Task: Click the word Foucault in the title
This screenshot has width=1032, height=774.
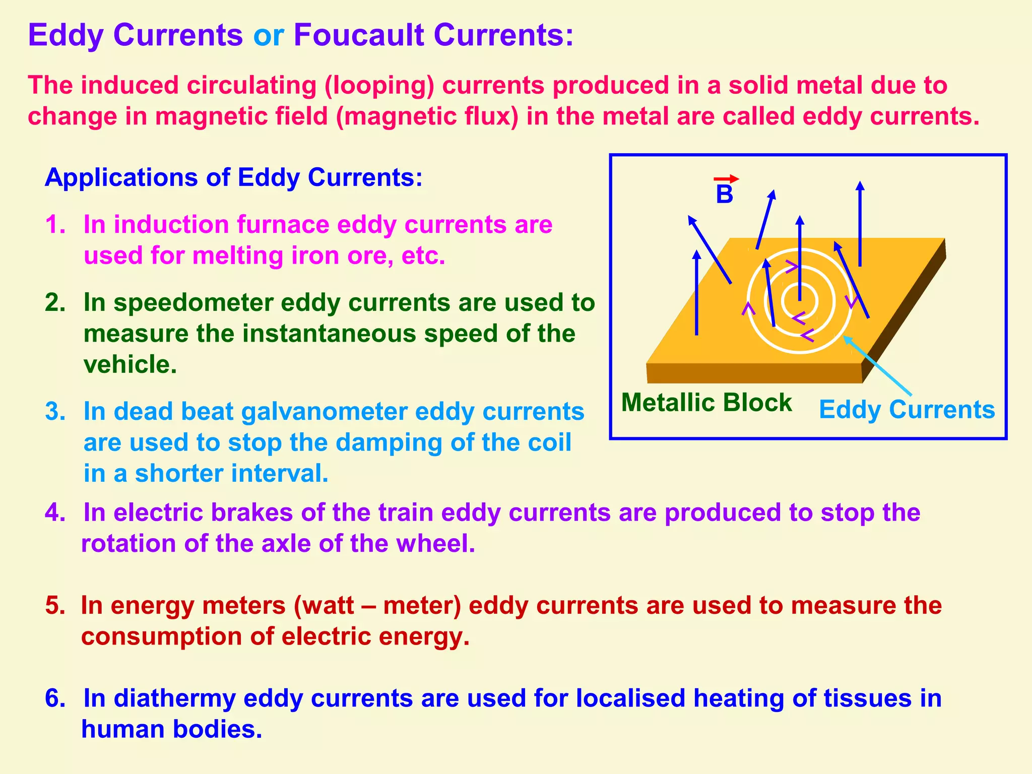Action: (x=358, y=35)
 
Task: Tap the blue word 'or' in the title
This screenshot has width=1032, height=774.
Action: (x=268, y=35)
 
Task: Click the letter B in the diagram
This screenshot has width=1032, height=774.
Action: (x=724, y=195)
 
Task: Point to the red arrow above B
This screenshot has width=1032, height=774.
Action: (x=726, y=179)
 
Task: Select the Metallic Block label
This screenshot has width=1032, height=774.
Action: (x=706, y=403)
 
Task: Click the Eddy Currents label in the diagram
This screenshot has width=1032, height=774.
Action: (x=907, y=409)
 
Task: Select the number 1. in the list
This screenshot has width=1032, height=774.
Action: (x=55, y=224)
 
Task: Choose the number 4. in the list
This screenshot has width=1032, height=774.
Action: (x=55, y=512)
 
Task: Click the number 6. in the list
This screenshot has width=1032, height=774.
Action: (x=55, y=698)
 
